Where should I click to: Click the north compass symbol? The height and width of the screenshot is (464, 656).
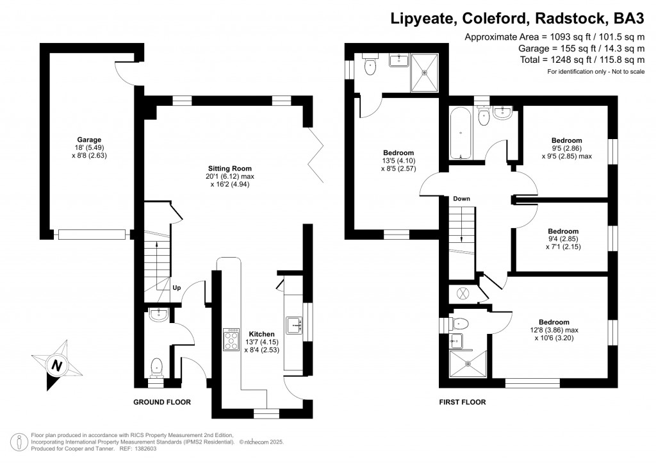[58, 366]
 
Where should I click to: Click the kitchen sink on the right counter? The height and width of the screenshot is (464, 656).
[295, 325]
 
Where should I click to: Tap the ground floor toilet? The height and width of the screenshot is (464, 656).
[156, 367]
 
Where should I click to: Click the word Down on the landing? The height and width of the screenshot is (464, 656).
[461, 199]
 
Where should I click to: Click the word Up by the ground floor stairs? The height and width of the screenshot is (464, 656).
[176, 288]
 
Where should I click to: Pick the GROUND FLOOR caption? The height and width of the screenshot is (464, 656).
[161, 402]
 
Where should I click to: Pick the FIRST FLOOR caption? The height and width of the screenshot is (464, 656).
[462, 402]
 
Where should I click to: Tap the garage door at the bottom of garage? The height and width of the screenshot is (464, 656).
[90, 235]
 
